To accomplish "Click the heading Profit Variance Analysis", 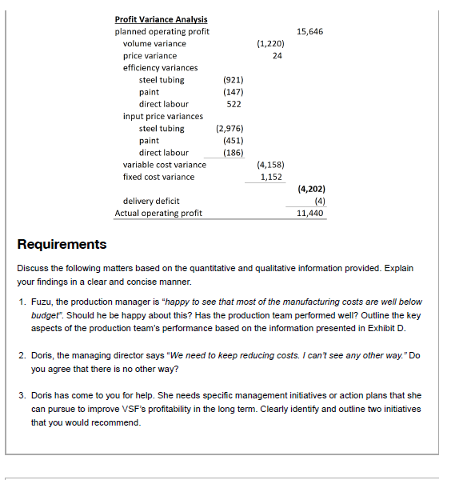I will [x=161, y=19].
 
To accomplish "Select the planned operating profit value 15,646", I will [x=310, y=31].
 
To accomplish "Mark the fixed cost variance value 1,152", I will [x=271, y=177].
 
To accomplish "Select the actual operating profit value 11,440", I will [x=310, y=214].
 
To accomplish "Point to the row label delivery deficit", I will [x=151, y=201].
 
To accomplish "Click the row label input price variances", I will [x=162, y=116].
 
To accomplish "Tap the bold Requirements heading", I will [x=62, y=244].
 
